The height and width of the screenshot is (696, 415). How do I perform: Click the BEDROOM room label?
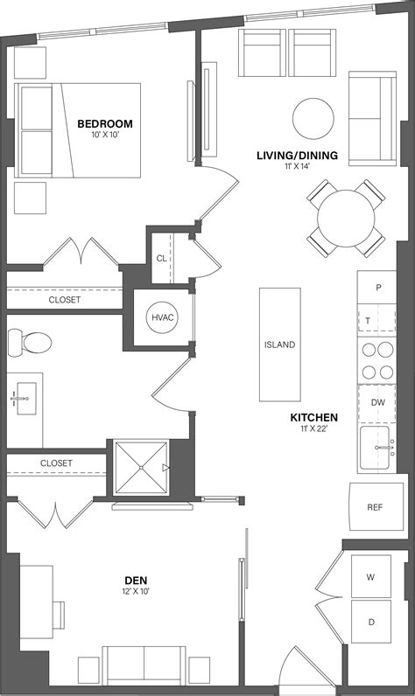(105, 123)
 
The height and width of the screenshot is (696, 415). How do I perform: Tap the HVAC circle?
(162, 317)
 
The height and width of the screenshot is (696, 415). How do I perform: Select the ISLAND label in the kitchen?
(280, 345)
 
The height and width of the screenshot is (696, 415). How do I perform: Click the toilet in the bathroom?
(30, 342)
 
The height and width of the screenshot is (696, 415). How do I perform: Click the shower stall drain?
(141, 468)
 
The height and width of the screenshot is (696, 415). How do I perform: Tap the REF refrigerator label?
(375, 507)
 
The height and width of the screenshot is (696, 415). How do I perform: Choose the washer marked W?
(371, 576)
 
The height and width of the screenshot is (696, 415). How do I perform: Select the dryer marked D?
(371, 622)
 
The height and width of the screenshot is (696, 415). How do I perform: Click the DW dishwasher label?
(377, 402)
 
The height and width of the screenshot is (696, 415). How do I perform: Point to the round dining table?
(346, 219)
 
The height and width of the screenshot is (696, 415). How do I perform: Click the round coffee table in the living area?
(313, 119)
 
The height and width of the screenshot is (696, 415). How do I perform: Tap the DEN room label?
(136, 581)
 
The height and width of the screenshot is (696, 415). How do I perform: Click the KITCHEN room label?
(314, 417)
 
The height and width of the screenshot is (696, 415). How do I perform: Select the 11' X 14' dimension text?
(297, 166)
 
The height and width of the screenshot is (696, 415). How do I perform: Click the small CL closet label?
(161, 258)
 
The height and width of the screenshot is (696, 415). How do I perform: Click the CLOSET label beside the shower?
(56, 463)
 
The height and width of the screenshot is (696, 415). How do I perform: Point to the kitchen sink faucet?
(384, 448)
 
